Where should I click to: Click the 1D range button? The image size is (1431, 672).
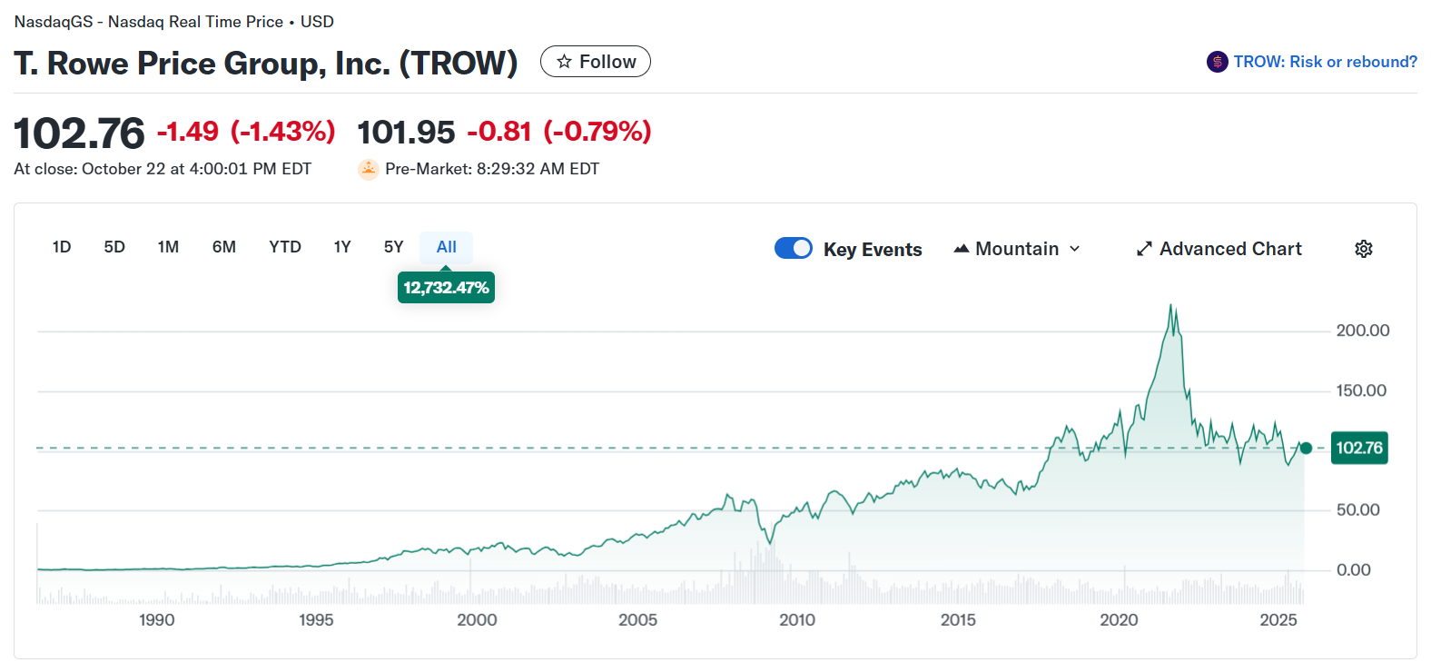(x=62, y=247)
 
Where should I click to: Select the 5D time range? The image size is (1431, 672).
(x=114, y=247)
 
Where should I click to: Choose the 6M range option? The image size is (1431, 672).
(x=224, y=247)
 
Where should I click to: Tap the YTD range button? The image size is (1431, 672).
(x=285, y=247)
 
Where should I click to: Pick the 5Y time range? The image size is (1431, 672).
(x=393, y=247)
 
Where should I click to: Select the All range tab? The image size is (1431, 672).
(x=446, y=247)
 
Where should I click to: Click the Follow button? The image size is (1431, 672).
(x=596, y=62)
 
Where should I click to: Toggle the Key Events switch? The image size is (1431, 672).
(x=794, y=248)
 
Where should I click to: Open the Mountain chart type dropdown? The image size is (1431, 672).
(x=1017, y=249)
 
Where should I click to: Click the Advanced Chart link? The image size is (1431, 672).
(x=1219, y=249)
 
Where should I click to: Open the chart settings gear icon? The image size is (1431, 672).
(x=1363, y=249)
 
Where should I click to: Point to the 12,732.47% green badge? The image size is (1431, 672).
(x=446, y=288)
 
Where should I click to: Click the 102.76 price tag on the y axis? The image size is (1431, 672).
(x=1358, y=448)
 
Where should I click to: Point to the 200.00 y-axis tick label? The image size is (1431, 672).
(x=1362, y=331)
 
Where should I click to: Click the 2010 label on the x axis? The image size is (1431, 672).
(x=797, y=620)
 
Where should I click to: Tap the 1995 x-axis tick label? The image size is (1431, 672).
(x=316, y=620)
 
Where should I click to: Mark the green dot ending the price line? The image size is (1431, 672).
(x=1306, y=448)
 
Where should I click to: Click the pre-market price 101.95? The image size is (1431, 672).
(x=406, y=133)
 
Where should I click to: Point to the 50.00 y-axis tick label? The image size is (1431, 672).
(x=1357, y=510)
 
